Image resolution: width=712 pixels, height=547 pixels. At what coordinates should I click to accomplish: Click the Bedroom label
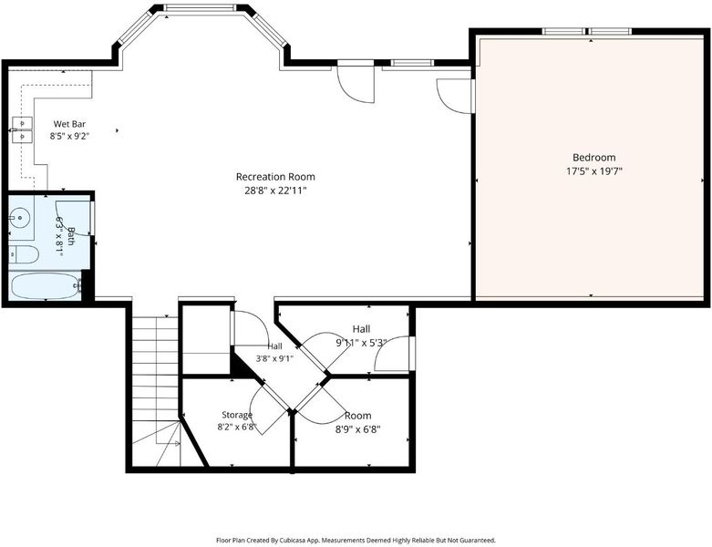(593, 158)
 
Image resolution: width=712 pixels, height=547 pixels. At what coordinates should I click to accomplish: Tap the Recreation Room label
(275, 177)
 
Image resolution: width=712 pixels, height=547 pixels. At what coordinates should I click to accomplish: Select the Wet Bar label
(69, 124)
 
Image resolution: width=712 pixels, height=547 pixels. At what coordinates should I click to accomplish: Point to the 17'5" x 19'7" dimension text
(593, 171)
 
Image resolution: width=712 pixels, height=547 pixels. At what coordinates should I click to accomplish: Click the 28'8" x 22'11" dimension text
(275, 191)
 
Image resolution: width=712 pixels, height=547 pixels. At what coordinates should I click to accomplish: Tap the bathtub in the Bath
(46, 285)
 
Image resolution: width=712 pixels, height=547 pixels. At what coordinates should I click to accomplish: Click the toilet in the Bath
(23, 254)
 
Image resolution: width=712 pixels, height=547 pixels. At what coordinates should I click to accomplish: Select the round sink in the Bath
(19, 218)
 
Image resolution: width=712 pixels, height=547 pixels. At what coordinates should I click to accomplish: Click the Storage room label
(237, 415)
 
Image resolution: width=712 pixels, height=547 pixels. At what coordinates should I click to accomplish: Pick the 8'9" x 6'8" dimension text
(357, 429)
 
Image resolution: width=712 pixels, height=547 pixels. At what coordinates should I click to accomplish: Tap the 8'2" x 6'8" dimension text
(237, 427)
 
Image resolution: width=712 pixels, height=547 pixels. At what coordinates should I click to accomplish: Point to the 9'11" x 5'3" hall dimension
(361, 343)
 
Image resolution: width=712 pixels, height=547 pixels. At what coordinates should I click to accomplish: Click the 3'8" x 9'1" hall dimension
(274, 358)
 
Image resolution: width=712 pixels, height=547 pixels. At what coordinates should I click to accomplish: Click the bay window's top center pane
(200, 7)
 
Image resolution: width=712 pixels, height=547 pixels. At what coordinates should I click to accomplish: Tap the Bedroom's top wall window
(587, 31)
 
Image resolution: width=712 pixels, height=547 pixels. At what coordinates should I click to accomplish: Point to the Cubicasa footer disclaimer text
(356, 541)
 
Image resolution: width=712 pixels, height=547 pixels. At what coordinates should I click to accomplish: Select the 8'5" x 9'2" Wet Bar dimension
(69, 135)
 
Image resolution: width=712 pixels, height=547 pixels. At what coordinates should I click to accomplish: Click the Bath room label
(70, 236)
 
